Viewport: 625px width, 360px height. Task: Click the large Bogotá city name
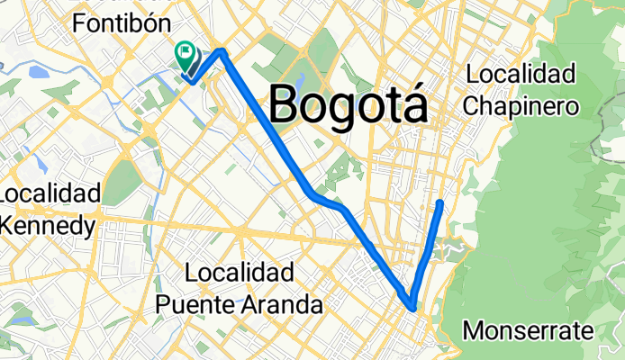(x=348, y=104)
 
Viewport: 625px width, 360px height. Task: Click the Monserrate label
(x=528, y=331)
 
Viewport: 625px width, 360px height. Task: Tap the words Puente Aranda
(x=240, y=304)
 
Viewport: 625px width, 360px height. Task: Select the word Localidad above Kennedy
(x=50, y=194)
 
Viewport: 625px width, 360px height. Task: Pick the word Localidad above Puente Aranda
(x=239, y=273)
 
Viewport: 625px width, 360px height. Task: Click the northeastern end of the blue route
(x=440, y=203)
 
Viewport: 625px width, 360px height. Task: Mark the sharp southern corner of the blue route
(x=412, y=306)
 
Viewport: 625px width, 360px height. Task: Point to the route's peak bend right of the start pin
(x=222, y=53)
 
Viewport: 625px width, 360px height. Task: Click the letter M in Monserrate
(x=471, y=331)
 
